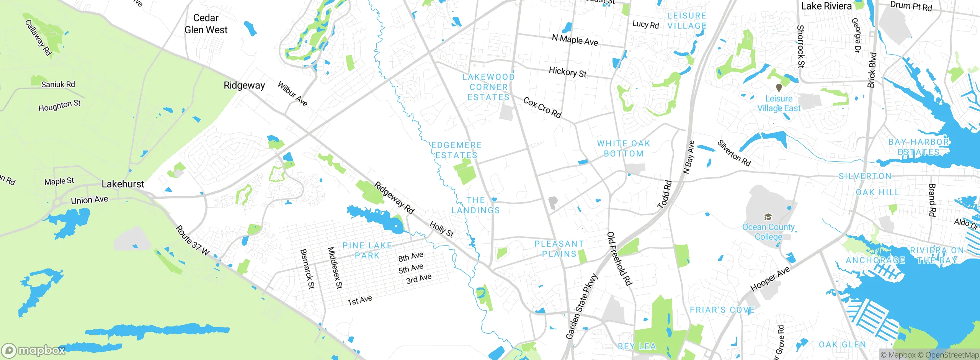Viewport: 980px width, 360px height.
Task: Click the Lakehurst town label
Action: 123,184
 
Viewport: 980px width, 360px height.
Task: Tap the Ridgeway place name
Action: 244,85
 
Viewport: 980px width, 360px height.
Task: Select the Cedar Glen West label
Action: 206,24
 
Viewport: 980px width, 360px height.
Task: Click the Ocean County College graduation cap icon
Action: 768,217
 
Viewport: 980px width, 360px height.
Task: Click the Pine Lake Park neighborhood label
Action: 367,250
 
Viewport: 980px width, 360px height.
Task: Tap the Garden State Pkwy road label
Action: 581,306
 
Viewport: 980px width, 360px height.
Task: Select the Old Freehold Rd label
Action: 619,259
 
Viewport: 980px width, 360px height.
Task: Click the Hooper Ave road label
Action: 770,279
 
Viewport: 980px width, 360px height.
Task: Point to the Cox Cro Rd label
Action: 542,108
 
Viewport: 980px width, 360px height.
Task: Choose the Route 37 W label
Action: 193,241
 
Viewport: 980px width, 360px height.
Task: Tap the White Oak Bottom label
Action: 624,149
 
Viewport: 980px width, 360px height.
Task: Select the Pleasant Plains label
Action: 559,249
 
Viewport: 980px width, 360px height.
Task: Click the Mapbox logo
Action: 34,350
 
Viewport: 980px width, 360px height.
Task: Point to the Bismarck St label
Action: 307,269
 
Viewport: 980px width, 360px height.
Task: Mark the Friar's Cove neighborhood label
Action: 722,310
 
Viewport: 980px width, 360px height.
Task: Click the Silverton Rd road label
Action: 734,153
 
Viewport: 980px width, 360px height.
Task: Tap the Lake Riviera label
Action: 826,6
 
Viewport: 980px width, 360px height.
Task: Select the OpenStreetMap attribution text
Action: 952,355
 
